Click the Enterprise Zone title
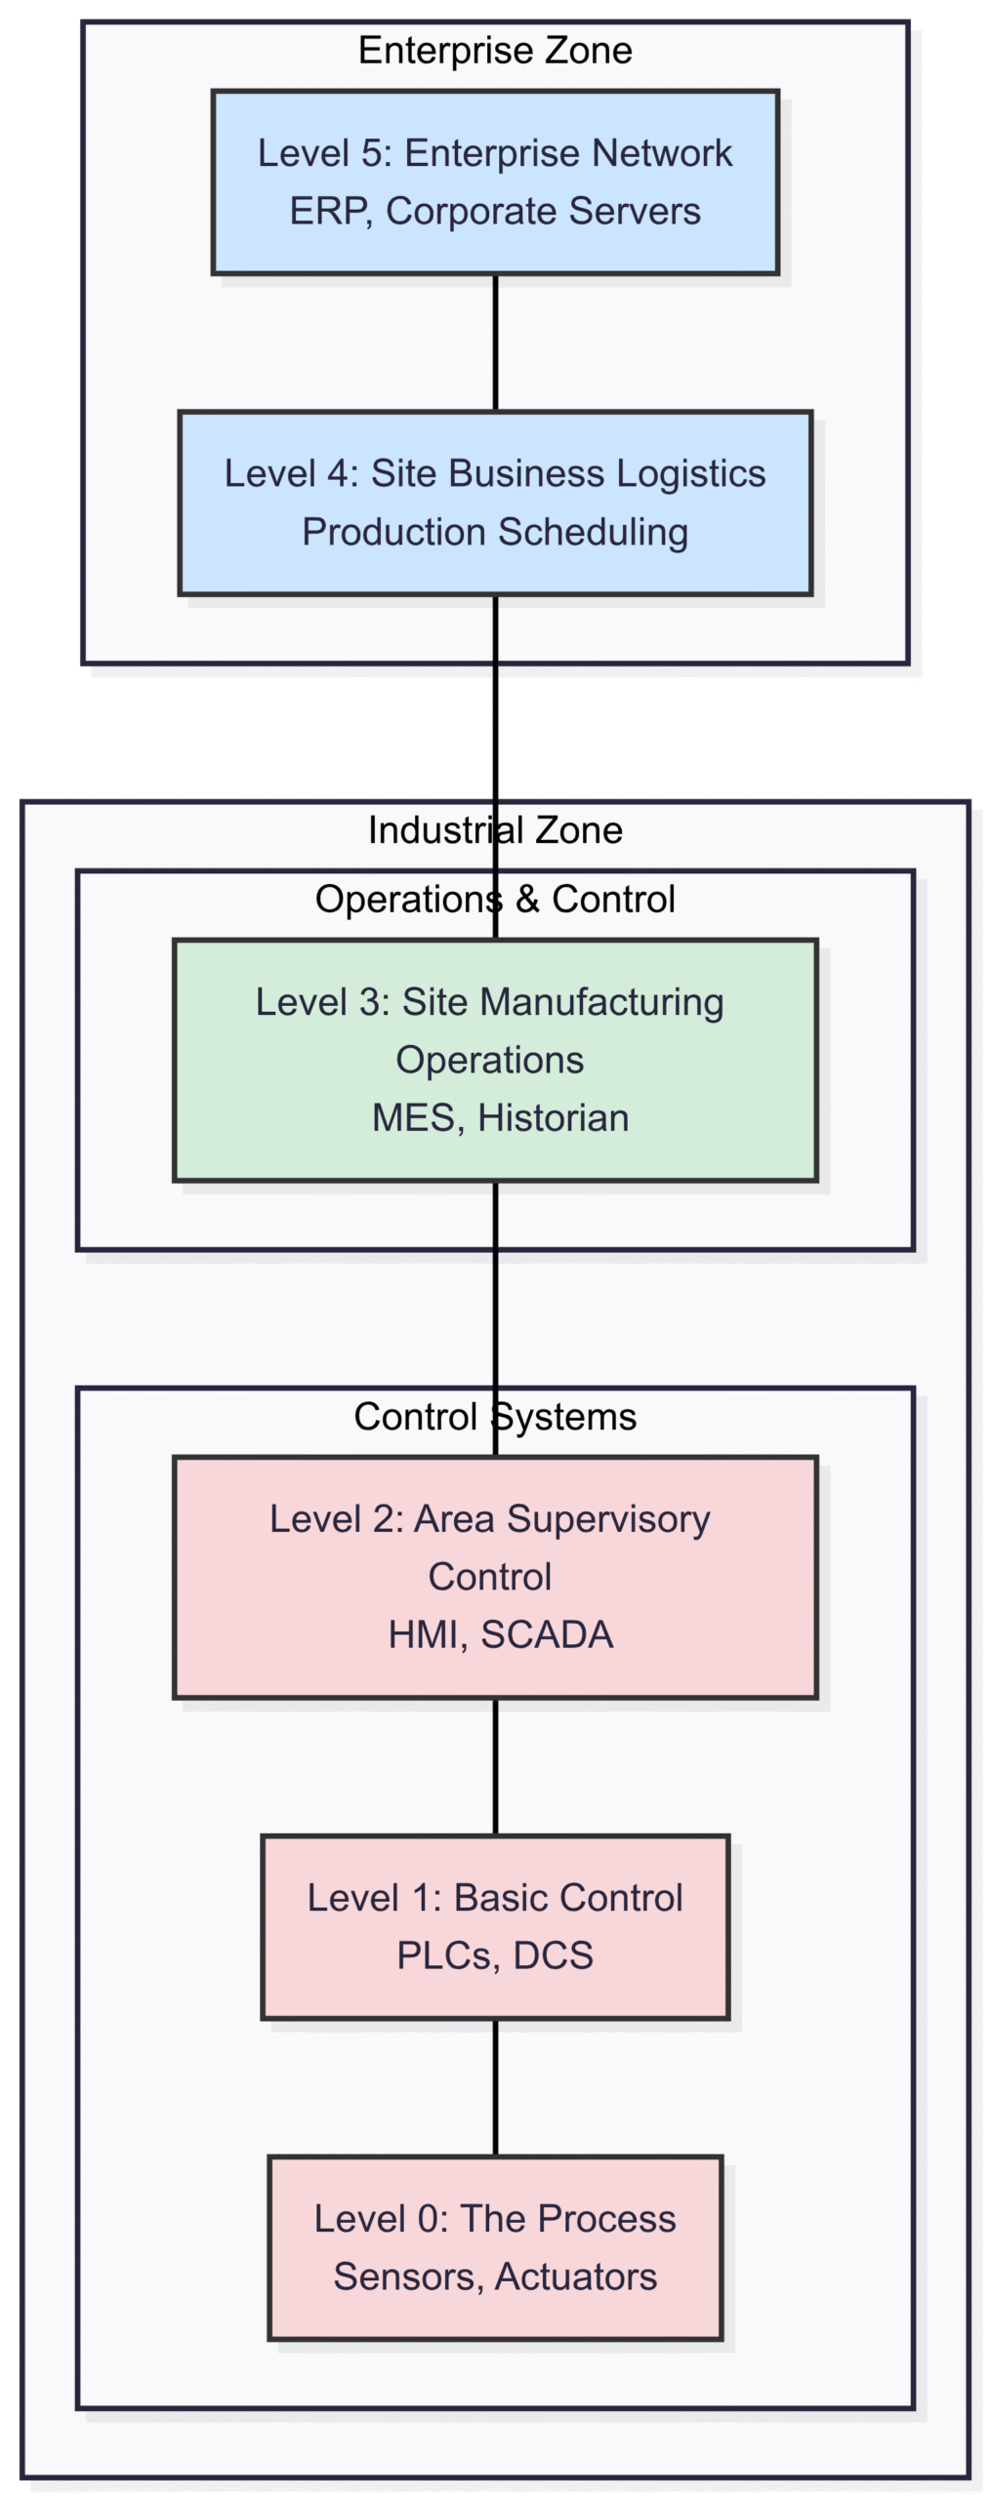[495, 50]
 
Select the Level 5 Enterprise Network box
[495, 182]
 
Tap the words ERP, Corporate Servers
[495, 211]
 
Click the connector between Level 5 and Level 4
[495, 342]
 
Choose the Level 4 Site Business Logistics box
[495, 503]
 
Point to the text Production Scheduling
[495, 532]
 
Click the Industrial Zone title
[495, 829]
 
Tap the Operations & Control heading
[495, 899]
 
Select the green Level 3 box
[495, 1060]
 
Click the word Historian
[554, 1118]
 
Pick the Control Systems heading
[495, 1416]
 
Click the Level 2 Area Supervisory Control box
[495, 1577]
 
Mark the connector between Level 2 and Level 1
[495, 1767]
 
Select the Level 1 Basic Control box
[495, 1927]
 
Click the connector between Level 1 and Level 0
[495, 2088]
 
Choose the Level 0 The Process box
[495, 2248]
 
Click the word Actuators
[576, 2276]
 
